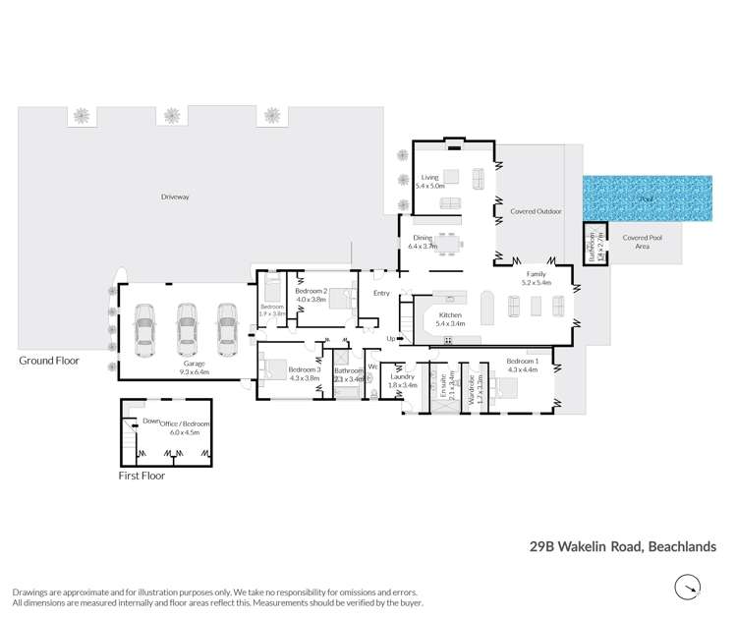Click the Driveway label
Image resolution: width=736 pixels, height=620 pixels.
175,197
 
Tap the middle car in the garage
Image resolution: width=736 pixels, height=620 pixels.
188,329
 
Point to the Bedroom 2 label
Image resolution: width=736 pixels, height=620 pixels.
311,293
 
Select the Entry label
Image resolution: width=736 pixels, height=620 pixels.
381,293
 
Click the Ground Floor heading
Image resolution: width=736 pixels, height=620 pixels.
48,361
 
